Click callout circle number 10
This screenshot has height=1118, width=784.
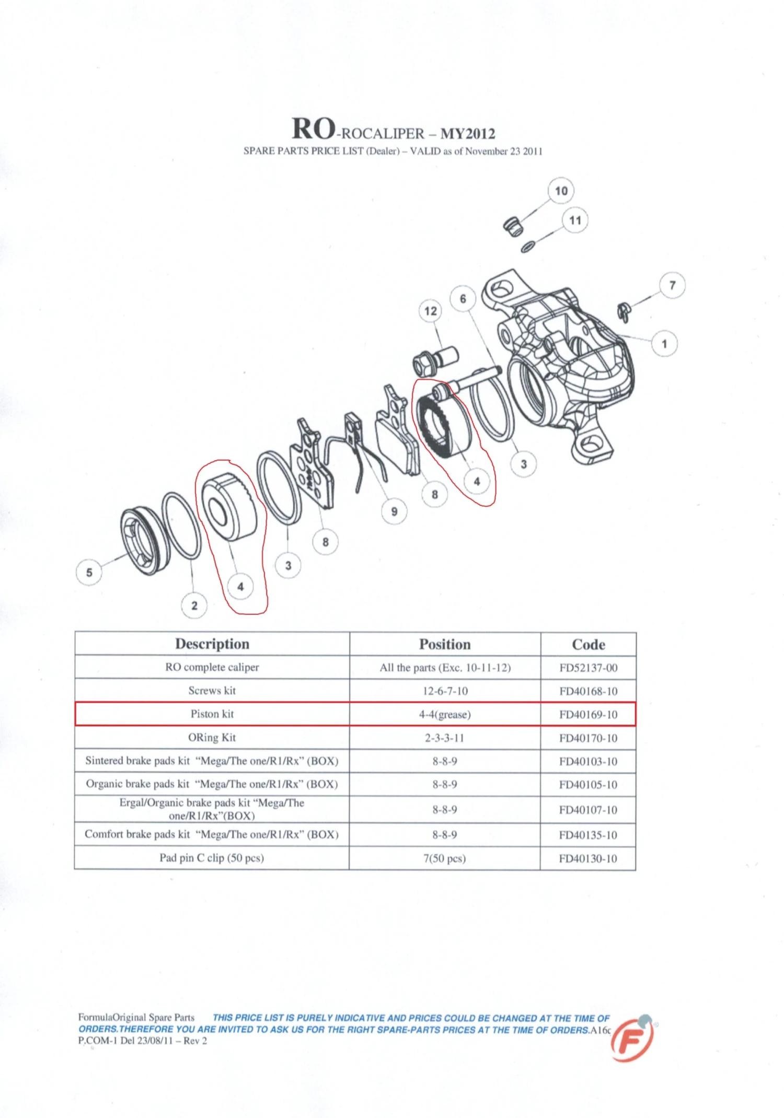coord(561,191)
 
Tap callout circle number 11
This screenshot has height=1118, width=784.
coord(575,220)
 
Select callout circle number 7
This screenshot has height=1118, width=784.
coord(672,285)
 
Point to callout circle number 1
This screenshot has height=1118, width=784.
coord(664,344)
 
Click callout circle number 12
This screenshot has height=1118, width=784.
coord(431,311)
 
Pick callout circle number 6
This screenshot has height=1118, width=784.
coord(463,299)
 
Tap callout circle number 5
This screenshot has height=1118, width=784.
coord(89,572)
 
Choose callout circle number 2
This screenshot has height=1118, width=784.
coord(194,605)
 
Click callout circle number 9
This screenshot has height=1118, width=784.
coord(394,511)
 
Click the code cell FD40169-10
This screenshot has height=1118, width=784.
coord(588,715)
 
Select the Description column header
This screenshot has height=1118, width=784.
coord(212,644)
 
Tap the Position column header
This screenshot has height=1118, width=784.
coord(445,644)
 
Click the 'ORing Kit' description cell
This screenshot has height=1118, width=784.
coord(212,738)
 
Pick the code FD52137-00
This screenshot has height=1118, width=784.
coord(588,668)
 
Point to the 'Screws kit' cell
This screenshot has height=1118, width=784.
coord(212,691)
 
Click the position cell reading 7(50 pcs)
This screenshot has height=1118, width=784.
coord(445,858)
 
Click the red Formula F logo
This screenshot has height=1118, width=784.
coord(632,1039)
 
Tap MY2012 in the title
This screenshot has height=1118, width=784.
coord(467,134)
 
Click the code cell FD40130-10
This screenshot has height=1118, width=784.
coord(588,858)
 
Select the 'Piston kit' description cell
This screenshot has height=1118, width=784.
coord(212,714)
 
